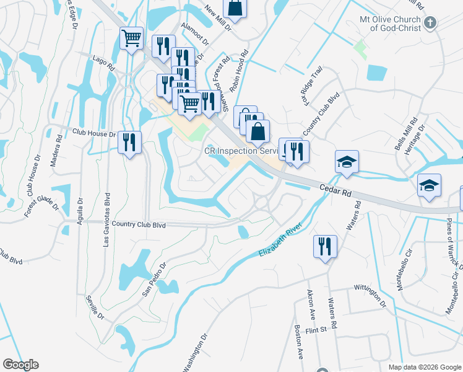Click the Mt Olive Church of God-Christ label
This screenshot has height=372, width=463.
[x=390, y=24]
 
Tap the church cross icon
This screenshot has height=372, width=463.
[x=431, y=22]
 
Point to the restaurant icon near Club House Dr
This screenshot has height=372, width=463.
[x=130, y=143]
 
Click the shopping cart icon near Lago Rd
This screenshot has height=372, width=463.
[x=131, y=38]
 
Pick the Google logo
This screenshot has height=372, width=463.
[x=20, y=365]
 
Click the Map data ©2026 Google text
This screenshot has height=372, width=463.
[x=425, y=367]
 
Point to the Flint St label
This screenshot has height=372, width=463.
[x=315, y=330]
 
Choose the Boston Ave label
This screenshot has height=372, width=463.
[x=298, y=343]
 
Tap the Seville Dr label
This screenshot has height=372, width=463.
[x=96, y=304]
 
